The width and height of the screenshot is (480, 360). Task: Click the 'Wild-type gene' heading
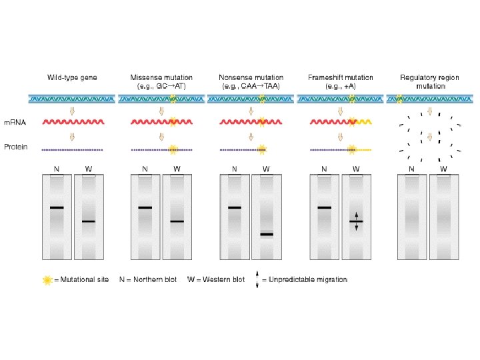point(72,78)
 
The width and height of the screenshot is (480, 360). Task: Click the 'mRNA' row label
point(15,123)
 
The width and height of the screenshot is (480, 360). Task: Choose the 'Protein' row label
point(16,147)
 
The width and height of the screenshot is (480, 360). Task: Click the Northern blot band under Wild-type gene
point(57,208)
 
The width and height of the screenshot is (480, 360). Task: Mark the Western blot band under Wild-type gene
point(89,221)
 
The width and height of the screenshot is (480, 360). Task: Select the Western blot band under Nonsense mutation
point(267,234)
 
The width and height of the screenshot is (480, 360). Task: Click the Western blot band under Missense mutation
point(177,221)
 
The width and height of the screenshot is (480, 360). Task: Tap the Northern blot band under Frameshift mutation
point(324,208)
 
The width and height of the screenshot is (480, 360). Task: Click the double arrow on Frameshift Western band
point(356,221)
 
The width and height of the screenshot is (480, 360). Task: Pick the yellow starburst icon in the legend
point(47,280)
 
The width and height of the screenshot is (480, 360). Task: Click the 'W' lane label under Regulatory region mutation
point(444,169)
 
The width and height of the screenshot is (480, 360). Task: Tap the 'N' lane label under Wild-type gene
point(57,169)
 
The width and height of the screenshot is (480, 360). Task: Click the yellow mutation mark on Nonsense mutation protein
point(261,148)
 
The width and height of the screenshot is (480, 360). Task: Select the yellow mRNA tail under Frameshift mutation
point(363,123)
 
